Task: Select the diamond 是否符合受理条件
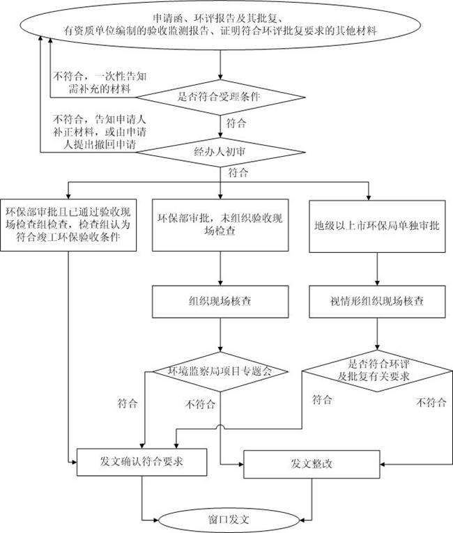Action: tap(220, 97)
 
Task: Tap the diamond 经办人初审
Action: tap(220, 150)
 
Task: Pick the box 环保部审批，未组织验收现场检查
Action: tap(220, 224)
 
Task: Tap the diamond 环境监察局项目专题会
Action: tap(220, 371)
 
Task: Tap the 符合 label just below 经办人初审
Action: tap(238, 171)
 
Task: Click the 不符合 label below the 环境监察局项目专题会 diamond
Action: tap(201, 403)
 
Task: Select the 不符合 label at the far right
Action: tap(430, 402)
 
